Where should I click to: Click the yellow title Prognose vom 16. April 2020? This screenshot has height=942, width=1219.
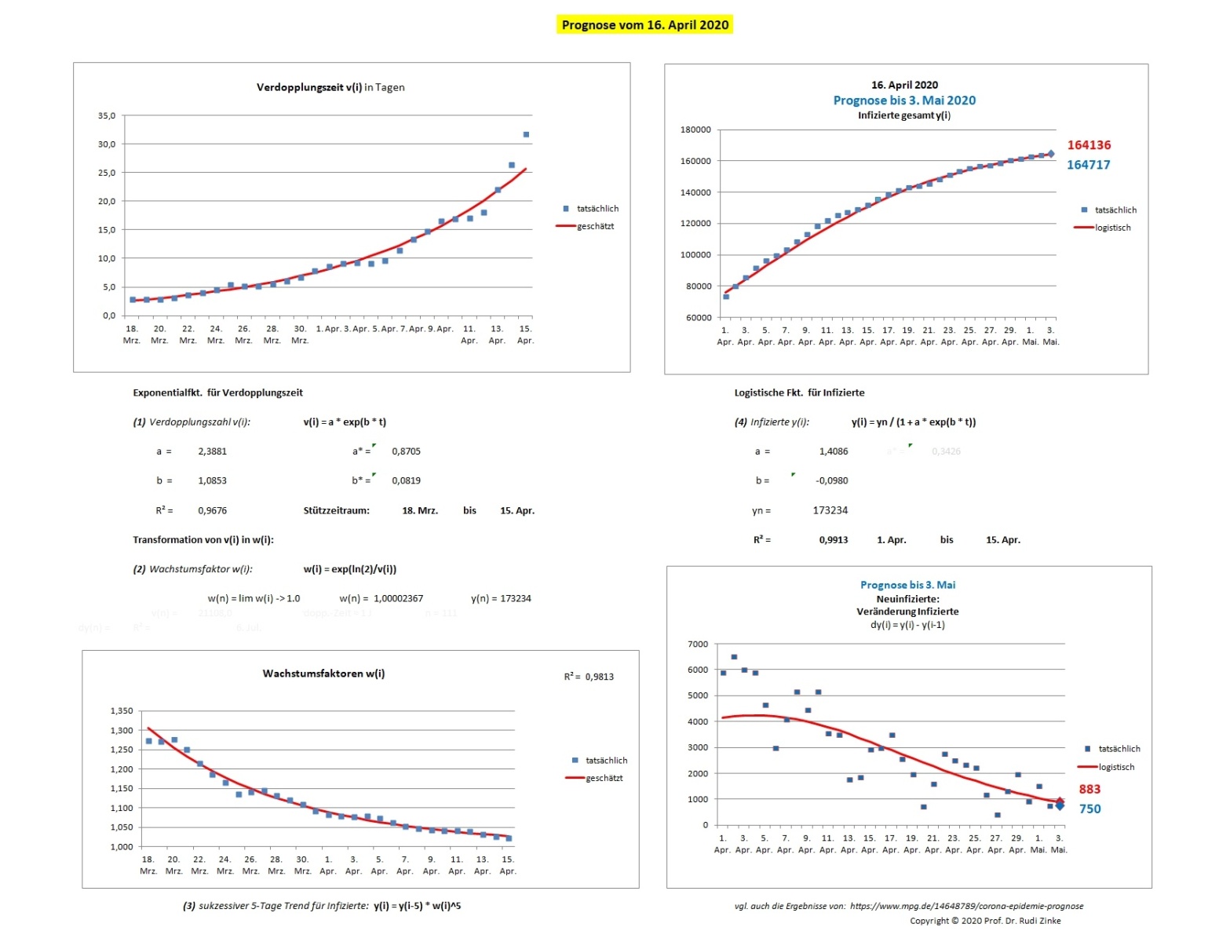(x=644, y=25)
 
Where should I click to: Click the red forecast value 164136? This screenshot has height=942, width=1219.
(x=1088, y=145)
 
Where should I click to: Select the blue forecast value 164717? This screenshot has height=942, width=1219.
(x=1088, y=165)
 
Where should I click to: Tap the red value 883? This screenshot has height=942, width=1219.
(x=1089, y=790)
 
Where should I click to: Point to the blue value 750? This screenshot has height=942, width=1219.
(x=1089, y=809)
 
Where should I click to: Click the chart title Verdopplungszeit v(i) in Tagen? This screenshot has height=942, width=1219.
(x=330, y=87)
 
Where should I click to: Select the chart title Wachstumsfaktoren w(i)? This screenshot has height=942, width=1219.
(x=323, y=674)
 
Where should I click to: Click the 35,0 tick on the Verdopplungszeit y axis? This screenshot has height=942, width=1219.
(x=107, y=115)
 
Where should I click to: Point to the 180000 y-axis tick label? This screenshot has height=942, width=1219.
(x=695, y=130)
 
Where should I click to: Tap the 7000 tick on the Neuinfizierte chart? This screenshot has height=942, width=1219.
(x=698, y=644)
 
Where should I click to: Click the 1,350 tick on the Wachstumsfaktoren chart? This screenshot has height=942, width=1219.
(x=122, y=711)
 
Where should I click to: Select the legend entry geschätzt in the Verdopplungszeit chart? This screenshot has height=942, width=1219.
(x=595, y=226)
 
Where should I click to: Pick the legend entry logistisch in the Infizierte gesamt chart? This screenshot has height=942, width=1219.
(x=1112, y=228)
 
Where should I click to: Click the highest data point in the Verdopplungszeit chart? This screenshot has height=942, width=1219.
(x=526, y=134)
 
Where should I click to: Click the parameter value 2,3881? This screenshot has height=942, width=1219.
(x=212, y=451)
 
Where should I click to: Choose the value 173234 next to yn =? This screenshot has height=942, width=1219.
(x=830, y=510)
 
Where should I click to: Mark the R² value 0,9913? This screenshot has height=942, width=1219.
(x=833, y=540)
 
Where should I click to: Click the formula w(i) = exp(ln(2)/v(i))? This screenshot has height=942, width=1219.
(x=349, y=569)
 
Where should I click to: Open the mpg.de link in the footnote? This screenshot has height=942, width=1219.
(x=966, y=906)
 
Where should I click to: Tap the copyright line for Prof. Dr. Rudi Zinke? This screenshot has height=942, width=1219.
(x=985, y=921)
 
